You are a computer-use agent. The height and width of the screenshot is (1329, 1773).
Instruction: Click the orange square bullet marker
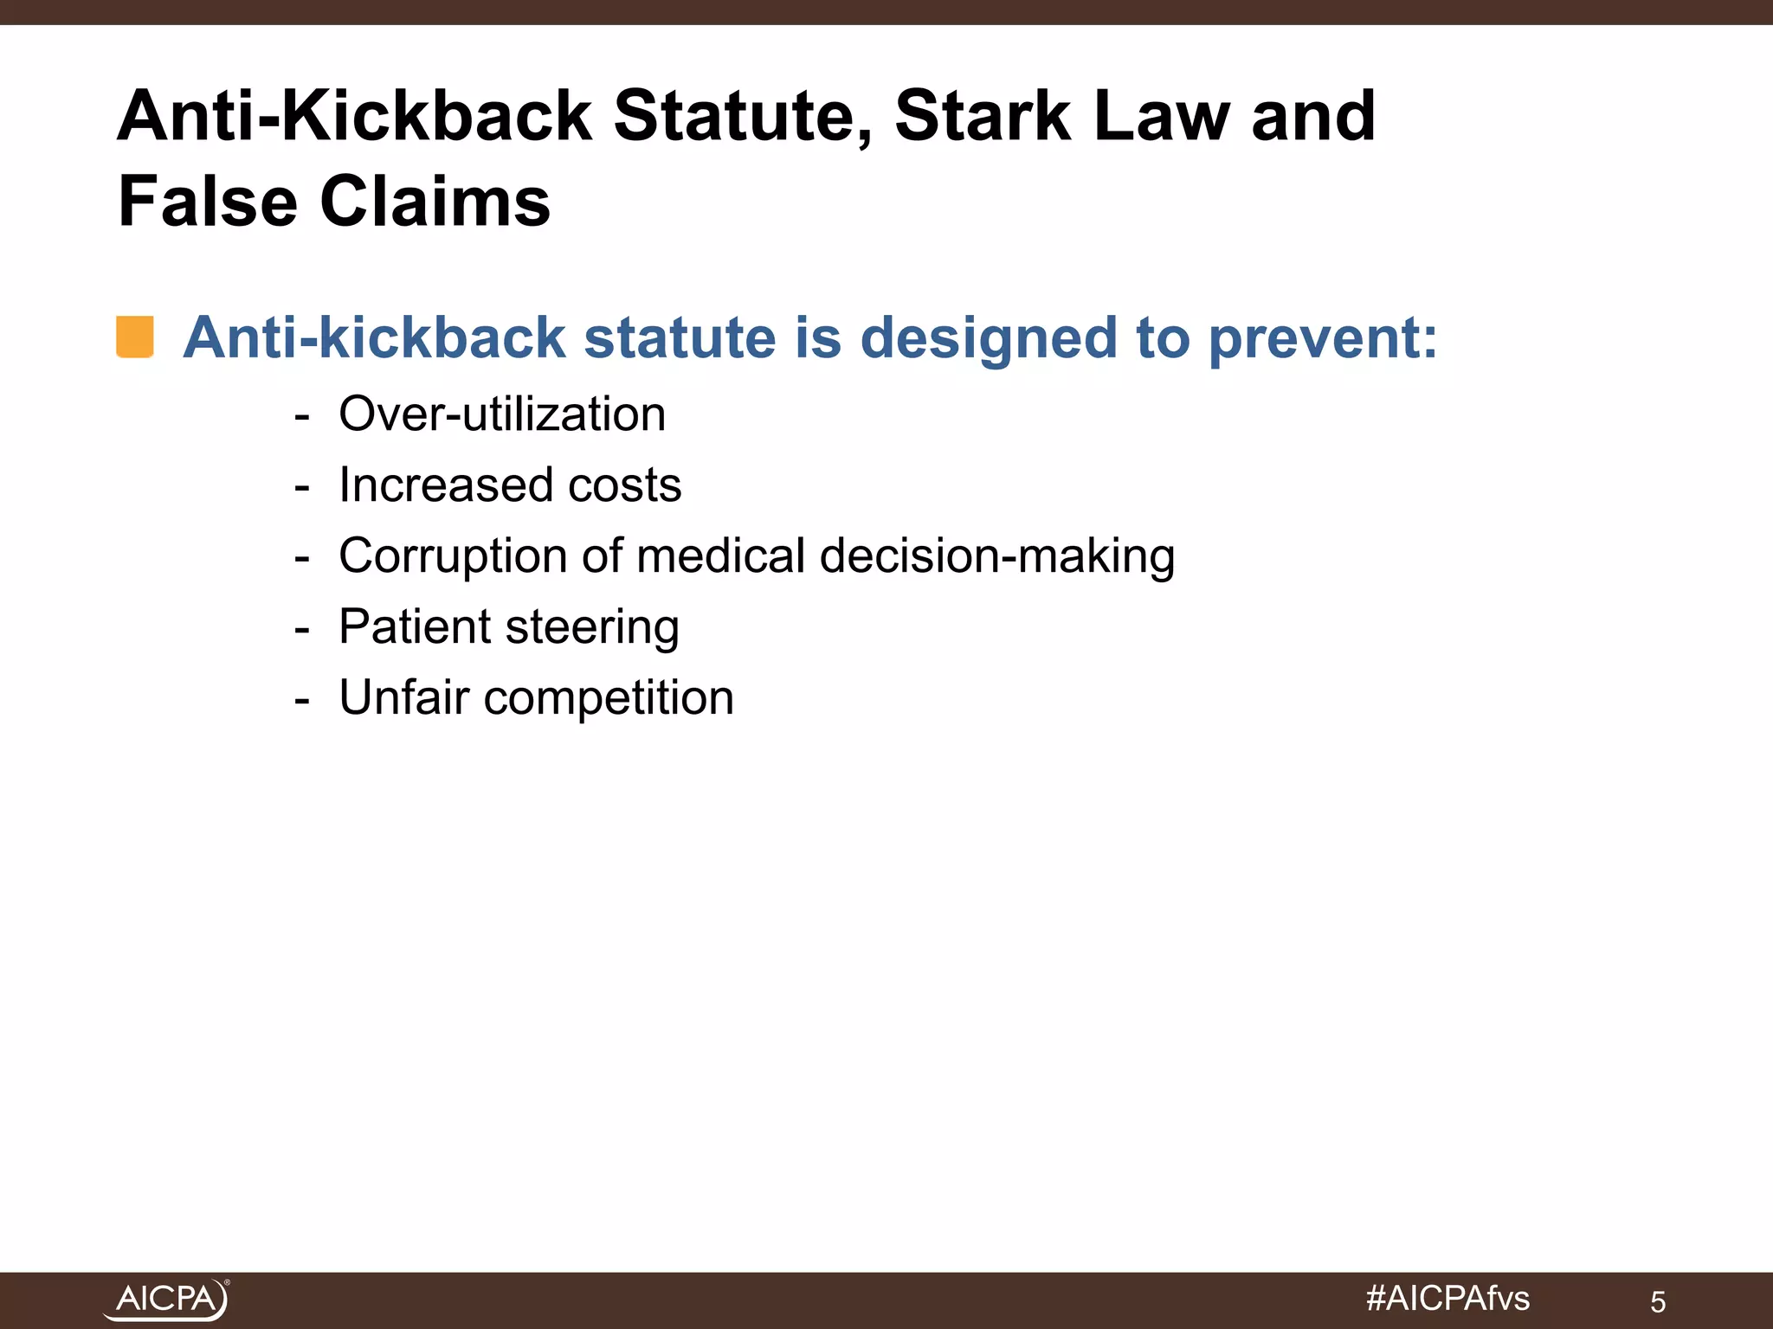coord(135,337)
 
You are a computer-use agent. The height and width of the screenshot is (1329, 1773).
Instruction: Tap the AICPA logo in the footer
coord(167,1299)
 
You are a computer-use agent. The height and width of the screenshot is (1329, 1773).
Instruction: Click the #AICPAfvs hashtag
coord(1447,1298)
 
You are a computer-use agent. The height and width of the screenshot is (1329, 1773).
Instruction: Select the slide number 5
coord(1657,1301)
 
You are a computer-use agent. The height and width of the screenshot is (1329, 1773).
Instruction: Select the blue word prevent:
coord(1322,337)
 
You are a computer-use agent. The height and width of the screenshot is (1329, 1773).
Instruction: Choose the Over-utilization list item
coord(502,414)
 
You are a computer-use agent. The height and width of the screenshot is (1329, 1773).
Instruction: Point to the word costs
coord(624,485)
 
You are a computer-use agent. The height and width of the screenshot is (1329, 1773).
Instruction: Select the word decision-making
coord(996,555)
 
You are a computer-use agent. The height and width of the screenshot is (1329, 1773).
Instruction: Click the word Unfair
coord(403,697)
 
